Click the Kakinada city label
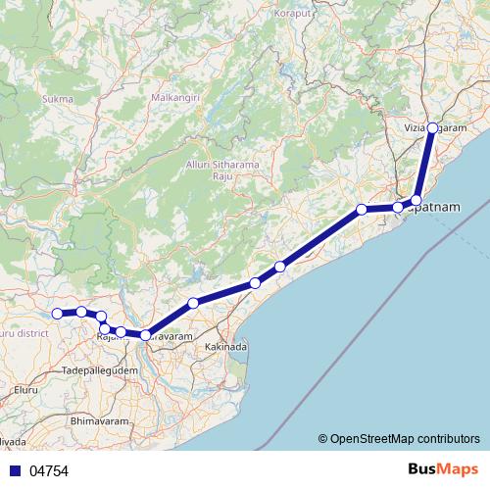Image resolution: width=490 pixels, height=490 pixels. coord(226,348)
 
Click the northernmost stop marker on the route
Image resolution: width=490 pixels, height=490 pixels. coord(432,128)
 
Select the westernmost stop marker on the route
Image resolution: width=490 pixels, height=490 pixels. coord(57,314)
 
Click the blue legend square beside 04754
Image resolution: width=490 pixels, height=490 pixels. coord(16,471)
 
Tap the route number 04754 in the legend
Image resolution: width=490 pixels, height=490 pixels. coord(49,471)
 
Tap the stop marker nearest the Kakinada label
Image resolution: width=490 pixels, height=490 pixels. coord(193,304)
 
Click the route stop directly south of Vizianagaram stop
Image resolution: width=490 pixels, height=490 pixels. coord(416,200)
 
